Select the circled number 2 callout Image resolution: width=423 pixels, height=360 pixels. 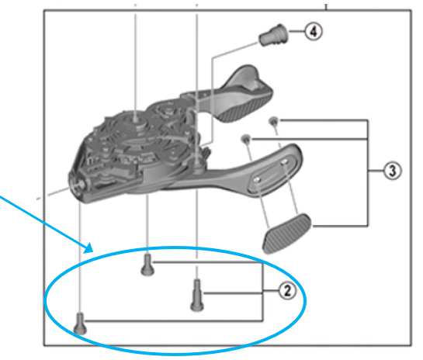click(x=286, y=292)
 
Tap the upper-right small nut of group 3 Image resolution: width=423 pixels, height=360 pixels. click(x=273, y=121)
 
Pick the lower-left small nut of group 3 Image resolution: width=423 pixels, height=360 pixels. click(x=245, y=138)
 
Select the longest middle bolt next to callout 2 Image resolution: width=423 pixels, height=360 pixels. click(x=195, y=295)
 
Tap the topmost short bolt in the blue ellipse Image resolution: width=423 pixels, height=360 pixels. click(x=147, y=267)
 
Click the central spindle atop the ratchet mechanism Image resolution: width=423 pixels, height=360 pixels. click(x=137, y=119)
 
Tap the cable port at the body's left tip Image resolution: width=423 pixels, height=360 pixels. click(x=80, y=184)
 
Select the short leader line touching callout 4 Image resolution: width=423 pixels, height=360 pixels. click(x=295, y=33)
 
